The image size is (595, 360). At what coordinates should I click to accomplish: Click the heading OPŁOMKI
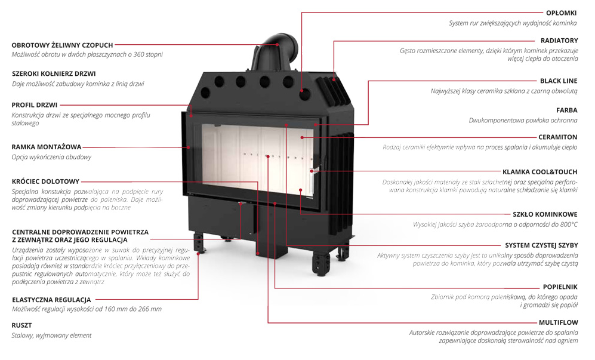(x=562, y=12)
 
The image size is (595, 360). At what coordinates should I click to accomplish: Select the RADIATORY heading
(x=559, y=41)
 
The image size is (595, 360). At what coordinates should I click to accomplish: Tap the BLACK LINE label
(x=559, y=81)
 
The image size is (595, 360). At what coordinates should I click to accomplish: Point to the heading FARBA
(x=566, y=110)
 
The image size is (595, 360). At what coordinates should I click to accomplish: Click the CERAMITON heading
(x=557, y=137)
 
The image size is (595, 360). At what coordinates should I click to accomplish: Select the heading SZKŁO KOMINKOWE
(x=545, y=214)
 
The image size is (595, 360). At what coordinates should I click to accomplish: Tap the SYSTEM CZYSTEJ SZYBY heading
(x=541, y=245)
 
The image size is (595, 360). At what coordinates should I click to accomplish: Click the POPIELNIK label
(x=560, y=287)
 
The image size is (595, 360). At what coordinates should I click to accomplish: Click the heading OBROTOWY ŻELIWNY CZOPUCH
(x=62, y=45)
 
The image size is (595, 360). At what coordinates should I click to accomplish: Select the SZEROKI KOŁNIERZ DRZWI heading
(x=54, y=74)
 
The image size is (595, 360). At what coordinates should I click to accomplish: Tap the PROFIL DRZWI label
(x=35, y=104)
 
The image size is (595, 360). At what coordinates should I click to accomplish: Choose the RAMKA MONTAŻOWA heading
(x=47, y=146)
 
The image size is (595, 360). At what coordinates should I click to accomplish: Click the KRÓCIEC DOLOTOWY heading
(x=45, y=181)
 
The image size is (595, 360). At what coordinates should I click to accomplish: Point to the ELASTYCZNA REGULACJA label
(x=51, y=299)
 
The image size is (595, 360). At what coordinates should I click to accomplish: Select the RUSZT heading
(x=22, y=325)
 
